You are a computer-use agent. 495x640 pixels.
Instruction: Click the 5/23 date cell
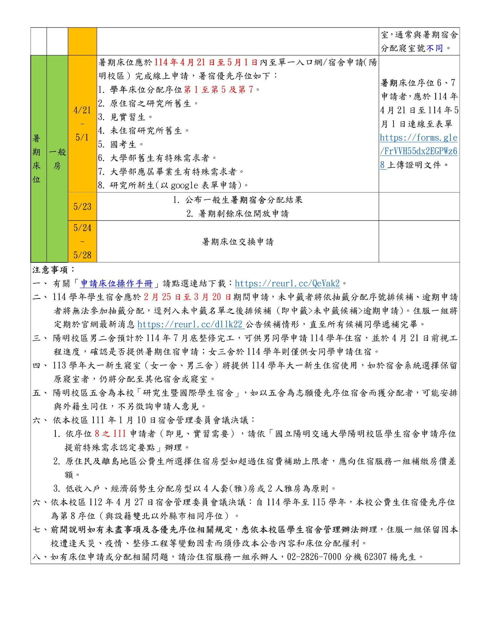point(82,207)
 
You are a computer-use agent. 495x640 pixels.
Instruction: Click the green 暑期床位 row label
point(37,159)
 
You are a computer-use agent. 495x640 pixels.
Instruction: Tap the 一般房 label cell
point(57,159)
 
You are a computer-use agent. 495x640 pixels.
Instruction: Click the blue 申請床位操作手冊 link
point(117,284)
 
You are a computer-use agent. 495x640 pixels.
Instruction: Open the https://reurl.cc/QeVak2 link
point(287,284)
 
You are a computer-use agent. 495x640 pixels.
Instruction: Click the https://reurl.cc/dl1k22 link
point(190,324)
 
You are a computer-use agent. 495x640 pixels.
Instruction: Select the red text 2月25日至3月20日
point(187,297)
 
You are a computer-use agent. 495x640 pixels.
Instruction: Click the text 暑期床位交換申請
point(238,242)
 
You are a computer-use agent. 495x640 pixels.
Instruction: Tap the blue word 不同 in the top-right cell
point(434,48)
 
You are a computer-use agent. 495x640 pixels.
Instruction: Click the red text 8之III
point(110,434)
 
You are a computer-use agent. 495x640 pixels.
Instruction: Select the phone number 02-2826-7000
point(314,557)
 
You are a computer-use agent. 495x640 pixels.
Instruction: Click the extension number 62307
point(375,557)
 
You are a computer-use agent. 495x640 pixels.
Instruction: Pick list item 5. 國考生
point(121,145)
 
